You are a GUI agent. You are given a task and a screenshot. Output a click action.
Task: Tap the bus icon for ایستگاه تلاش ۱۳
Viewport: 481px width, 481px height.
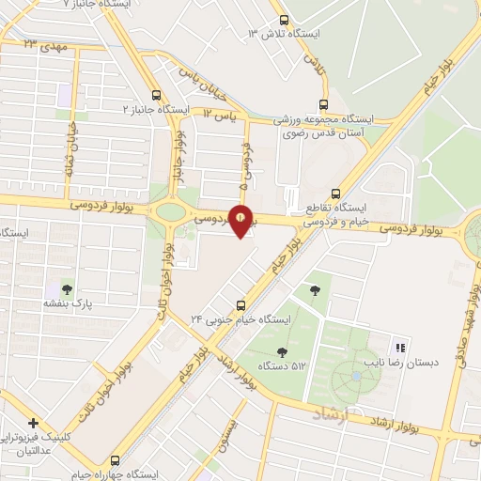[x=285, y=20]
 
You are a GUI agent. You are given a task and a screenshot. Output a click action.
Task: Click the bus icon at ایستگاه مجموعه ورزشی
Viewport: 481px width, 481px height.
[x=324, y=104]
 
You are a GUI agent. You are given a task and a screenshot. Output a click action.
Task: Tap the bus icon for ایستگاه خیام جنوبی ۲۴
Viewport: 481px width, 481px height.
[x=241, y=304]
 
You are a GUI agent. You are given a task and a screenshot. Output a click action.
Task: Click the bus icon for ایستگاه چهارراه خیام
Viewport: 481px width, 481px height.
[x=116, y=460]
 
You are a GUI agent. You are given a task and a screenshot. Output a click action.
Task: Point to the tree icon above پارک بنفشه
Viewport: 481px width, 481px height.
[x=67, y=287]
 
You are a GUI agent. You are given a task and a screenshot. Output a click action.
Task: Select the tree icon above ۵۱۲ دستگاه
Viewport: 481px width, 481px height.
[x=282, y=350]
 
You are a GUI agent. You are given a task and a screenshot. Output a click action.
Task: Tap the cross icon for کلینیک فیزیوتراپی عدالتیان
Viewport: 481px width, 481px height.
[x=34, y=424]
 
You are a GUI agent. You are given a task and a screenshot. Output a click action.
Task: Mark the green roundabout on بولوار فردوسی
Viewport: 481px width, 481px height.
[x=171, y=210]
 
